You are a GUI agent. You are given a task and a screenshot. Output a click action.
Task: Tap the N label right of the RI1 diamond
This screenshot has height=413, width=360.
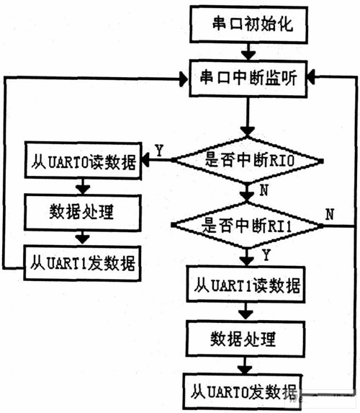329,213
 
